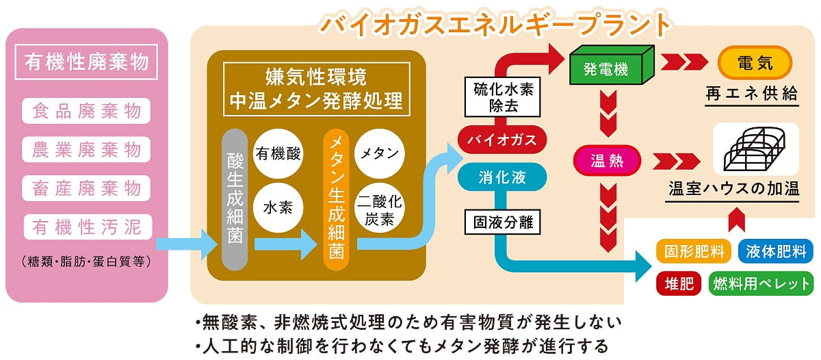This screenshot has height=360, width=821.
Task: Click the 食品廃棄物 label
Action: point(86,111)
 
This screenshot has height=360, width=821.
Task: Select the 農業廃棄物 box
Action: point(86,149)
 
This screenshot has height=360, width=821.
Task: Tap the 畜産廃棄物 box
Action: point(86,187)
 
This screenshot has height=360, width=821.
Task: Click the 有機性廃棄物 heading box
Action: point(86,63)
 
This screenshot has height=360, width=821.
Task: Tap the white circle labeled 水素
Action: point(278,207)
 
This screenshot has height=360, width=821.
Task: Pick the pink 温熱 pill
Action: point(607,162)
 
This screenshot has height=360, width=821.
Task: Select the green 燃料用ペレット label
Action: point(761,283)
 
